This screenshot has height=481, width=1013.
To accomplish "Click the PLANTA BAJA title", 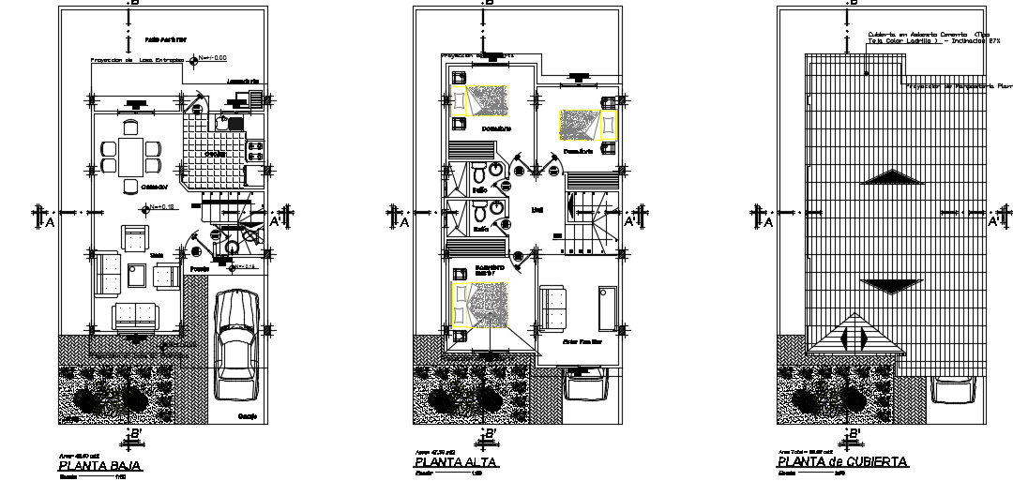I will (100, 465).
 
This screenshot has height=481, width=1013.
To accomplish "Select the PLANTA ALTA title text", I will (456, 463).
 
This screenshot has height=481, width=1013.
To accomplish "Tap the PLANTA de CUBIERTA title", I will (841, 462).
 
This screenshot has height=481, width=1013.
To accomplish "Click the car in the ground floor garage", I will (235, 344).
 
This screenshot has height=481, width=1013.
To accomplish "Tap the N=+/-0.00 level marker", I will (212, 58).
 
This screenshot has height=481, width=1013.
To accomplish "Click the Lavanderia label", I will (243, 82).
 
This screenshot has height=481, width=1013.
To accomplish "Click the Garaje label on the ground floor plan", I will (248, 415).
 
